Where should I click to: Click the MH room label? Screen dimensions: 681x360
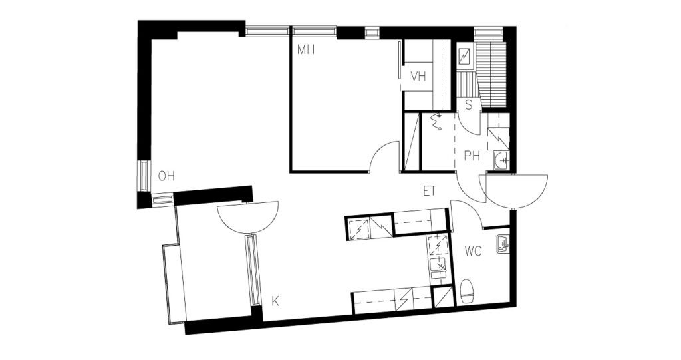(306, 49)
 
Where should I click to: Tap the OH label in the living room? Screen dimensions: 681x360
(166, 176)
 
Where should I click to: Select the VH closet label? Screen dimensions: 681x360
(418, 77)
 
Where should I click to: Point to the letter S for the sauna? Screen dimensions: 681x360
(469, 105)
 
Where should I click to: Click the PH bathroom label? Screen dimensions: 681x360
(472, 156)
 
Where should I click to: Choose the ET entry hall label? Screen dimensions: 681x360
(430, 191)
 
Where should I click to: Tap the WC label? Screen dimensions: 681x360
(473, 251)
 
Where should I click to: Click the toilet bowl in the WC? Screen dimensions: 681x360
(466, 291)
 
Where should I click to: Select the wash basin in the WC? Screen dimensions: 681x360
(503, 244)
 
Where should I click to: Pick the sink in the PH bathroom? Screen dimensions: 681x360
(502, 160)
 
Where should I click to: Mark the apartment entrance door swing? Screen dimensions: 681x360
(515, 192)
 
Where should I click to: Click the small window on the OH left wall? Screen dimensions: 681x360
(144, 176)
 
